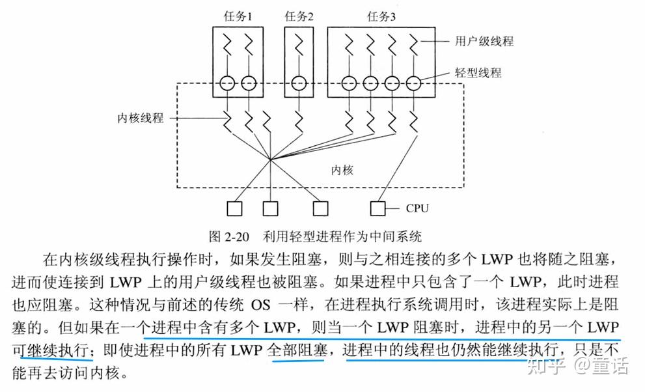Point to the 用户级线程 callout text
coord(484,41)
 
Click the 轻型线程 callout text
coord(478,73)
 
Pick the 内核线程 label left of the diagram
coord(139,119)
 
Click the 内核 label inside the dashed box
coord(342,171)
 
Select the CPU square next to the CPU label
coord(377,208)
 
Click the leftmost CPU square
coord(234,208)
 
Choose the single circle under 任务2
coord(299,83)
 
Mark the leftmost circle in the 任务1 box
coord(226,83)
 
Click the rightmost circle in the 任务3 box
coord(413,83)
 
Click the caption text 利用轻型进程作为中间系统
coord(343,234)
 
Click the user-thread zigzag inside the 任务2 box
coord(299,46)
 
